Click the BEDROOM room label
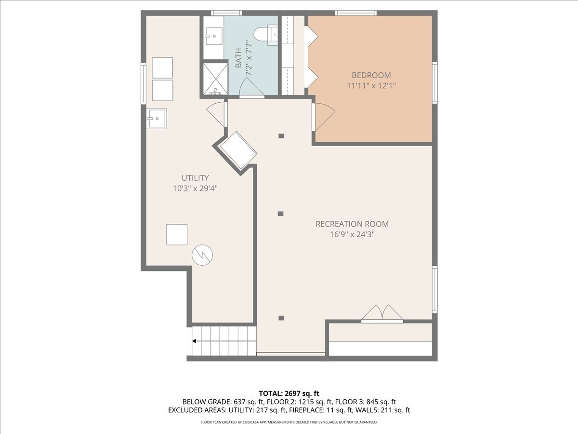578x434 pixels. pyautogui.click(x=371, y=75)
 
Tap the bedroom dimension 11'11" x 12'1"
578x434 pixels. pyautogui.click(x=371, y=86)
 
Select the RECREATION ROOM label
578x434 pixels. pyautogui.click(x=352, y=224)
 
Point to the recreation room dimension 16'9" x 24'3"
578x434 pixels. pyautogui.click(x=352, y=235)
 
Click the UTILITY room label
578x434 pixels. pyautogui.click(x=195, y=178)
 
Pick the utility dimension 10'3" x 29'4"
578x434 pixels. pyautogui.click(x=195, y=189)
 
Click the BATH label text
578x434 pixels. pyautogui.click(x=238, y=58)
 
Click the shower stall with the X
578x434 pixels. pyautogui.click(x=215, y=78)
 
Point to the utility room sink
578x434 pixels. pyautogui.click(x=157, y=118)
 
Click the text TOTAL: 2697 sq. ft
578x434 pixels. pyautogui.click(x=289, y=393)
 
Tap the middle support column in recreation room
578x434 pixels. pyautogui.click(x=281, y=214)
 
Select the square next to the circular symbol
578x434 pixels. pyautogui.click(x=177, y=234)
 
